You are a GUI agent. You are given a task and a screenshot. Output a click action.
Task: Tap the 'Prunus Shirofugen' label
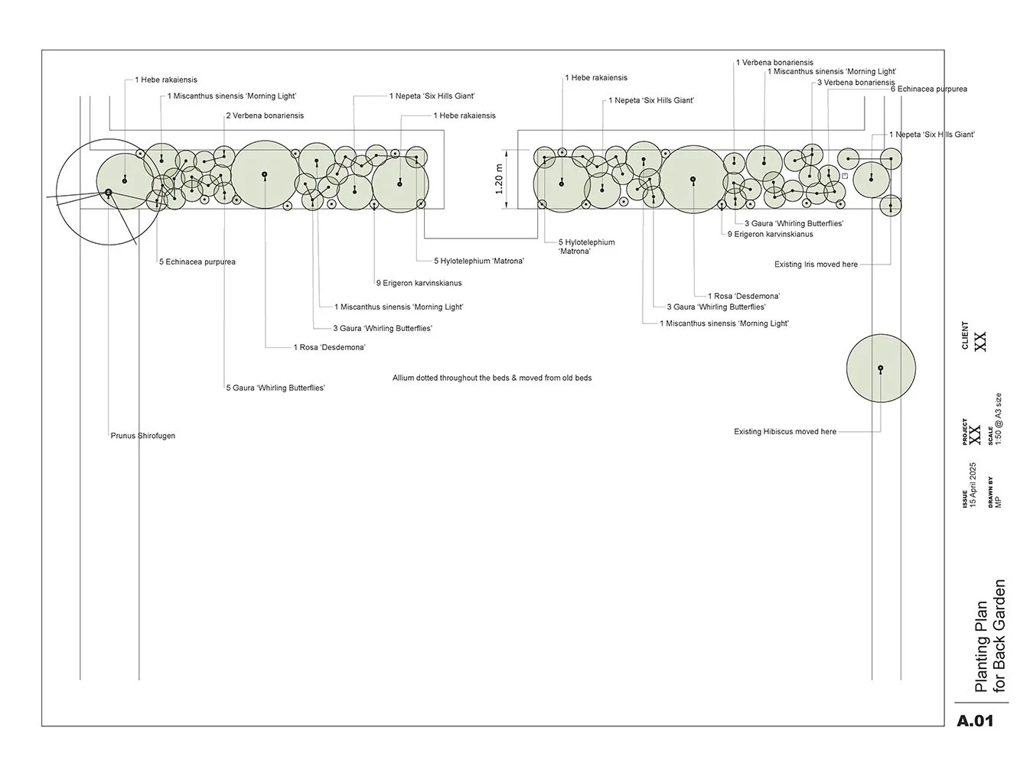click(143, 436)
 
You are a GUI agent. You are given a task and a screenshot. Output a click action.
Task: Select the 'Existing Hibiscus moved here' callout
click(785, 432)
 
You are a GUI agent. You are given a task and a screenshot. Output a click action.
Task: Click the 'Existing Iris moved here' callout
click(816, 265)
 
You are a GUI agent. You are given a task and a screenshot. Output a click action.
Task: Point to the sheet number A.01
click(975, 720)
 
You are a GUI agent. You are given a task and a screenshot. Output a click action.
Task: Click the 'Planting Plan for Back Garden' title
click(989, 636)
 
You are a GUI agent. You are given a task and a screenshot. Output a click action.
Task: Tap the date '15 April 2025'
click(973, 485)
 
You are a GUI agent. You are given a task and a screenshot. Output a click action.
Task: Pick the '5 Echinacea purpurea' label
click(197, 262)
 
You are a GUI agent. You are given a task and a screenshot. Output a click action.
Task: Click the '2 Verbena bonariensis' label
click(265, 116)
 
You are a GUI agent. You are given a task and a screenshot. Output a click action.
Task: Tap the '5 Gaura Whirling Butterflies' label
click(275, 388)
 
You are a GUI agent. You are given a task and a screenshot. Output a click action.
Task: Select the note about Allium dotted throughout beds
click(492, 378)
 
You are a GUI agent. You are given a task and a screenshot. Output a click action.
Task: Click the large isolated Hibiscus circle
click(881, 369)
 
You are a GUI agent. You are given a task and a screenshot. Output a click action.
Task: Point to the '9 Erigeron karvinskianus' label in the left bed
click(419, 284)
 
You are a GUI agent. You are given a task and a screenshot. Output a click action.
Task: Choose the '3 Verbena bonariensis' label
click(855, 83)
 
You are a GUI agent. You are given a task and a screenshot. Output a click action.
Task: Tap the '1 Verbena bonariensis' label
click(774, 63)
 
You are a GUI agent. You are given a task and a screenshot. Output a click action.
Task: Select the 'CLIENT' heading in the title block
click(965, 336)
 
